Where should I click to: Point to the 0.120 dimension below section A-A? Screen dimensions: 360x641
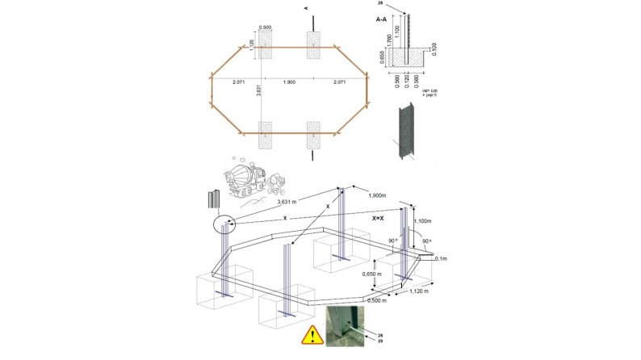point(406,83)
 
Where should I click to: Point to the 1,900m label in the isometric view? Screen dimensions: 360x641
point(375,196)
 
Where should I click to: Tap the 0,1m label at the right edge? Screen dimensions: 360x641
point(441,259)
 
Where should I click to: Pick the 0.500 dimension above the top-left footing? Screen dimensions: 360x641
point(266,27)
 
